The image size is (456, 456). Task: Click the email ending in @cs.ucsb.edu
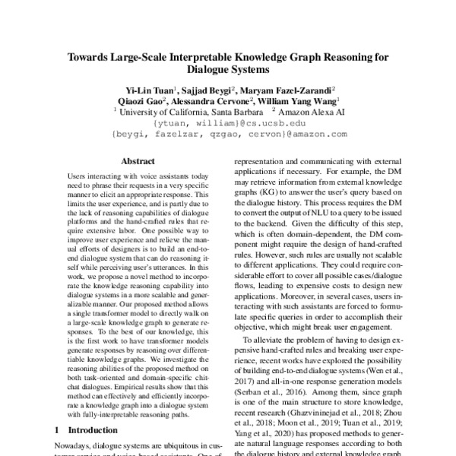(228, 122)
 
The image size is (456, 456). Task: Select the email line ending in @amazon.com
(228, 134)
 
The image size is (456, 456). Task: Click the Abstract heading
(140, 161)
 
